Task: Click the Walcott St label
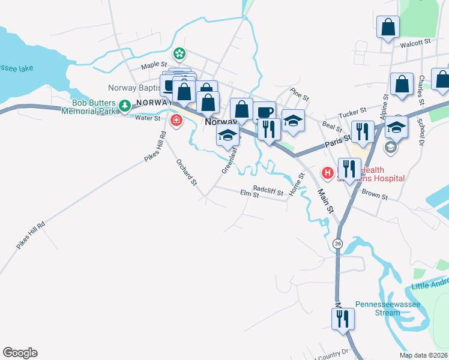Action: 419,43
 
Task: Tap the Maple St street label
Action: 154,66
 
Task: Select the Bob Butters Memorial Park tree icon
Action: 125,106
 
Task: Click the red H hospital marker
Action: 328,174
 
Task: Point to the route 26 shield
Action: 338,244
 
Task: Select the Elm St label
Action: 249,195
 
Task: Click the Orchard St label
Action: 187,171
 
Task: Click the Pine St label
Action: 299,95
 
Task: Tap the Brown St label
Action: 375,196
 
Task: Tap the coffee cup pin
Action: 265,112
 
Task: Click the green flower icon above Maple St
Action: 179,55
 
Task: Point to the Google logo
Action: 20,353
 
